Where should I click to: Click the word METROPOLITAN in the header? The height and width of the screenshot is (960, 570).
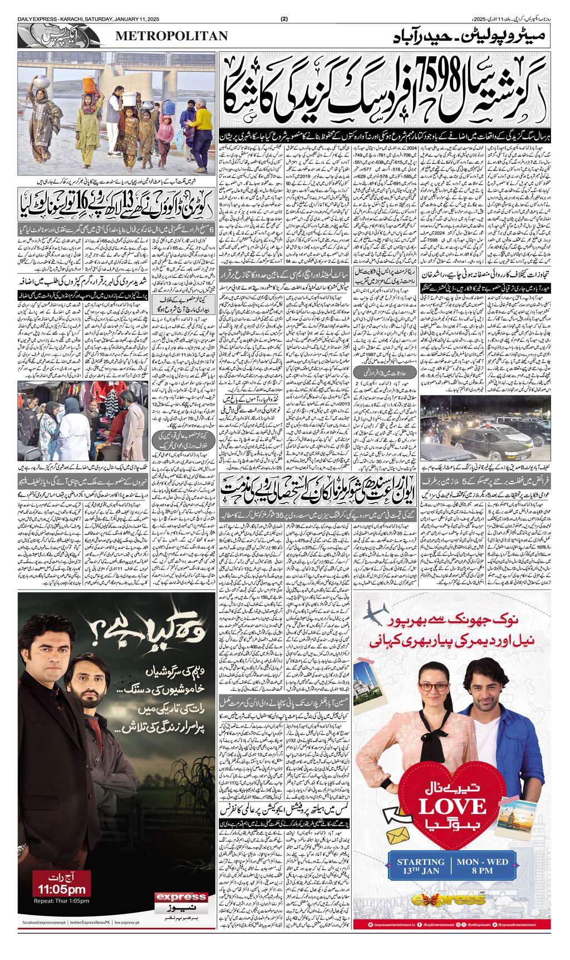(172, 36)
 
